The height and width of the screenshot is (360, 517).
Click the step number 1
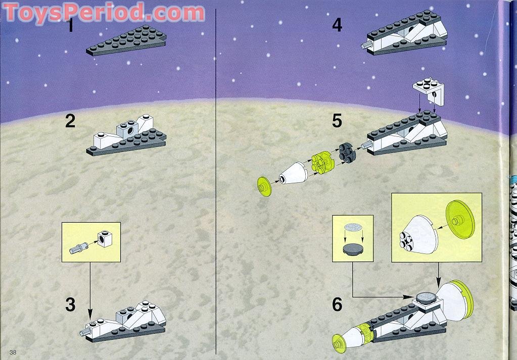[71, 25]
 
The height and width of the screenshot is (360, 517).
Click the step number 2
[70, 121]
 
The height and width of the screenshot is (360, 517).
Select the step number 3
[70, 304]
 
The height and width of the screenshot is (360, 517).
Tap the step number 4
[338, 25]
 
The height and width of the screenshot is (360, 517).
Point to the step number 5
[338, 121]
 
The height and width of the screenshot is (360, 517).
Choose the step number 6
[338, 304]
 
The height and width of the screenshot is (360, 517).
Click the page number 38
[13, 351]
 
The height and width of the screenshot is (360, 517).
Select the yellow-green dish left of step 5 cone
[264, 185]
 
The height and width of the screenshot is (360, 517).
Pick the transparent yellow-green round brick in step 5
[322, 162]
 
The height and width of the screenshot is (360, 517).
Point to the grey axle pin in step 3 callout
[78, 247]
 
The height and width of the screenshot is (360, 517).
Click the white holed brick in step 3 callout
[104, 238]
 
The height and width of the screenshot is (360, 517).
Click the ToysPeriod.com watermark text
[104, 12]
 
